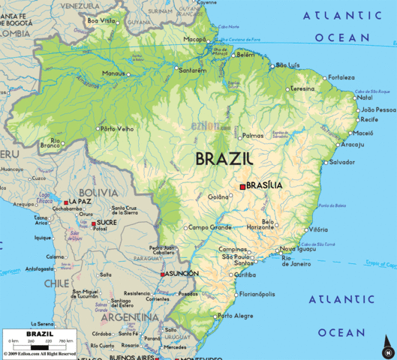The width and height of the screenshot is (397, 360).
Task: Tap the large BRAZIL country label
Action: (x=224, y=159)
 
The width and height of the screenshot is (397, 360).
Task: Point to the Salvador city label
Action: (x=341, y=162)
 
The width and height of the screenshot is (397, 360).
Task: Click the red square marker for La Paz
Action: (x=67, y=202)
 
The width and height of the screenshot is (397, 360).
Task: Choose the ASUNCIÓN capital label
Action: (x=182, y=274)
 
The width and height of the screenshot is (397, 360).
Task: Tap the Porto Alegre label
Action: (x=235, y=316)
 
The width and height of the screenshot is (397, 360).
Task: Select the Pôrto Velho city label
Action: (x=118, y=128)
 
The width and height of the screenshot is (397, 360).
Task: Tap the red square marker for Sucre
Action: (x=93, y=223)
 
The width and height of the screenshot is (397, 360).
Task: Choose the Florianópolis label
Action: (x=257, y=295)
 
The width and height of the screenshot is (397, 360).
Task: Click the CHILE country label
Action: (x=56, y=283)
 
